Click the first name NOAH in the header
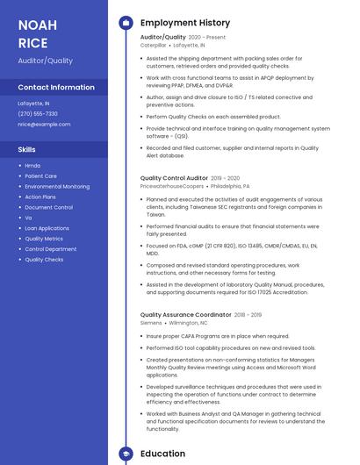tap(38, 25)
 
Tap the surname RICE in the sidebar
tap(32, 43)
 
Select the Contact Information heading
tap(56, 88)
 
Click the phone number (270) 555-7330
tap(38, 114)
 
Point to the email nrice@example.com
tap(44, 125)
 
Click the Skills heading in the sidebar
tap(27, 150)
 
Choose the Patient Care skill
tap(41, 175)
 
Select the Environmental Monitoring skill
tap(57, 186)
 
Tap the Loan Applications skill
tap(47, 228)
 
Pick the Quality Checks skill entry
tap(44, 260)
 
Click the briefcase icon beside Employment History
tap(126, 23)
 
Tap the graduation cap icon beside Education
tap(126, 454)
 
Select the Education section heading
tap(163, 454)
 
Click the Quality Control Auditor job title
tap(174, 178)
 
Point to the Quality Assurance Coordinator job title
tap(185, 314)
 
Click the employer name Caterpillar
tap(155, 45)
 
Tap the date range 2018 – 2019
tap(248, 314)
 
